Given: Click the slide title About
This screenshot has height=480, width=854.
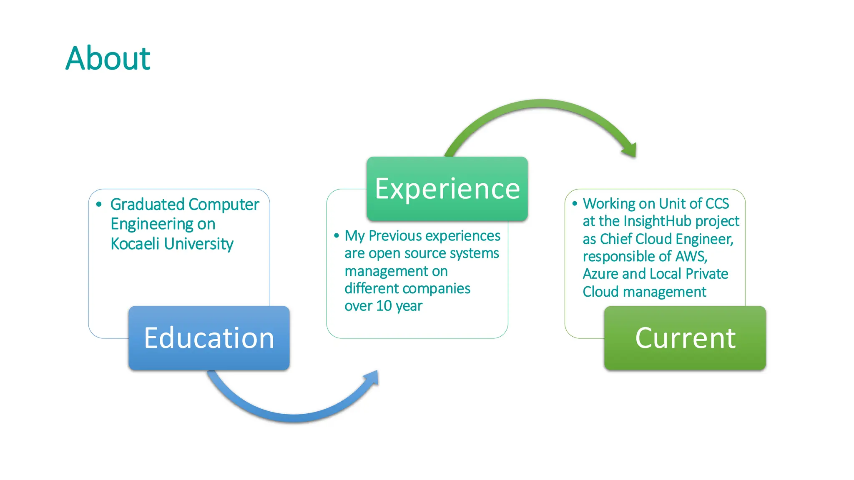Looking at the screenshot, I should [x=108, y=58].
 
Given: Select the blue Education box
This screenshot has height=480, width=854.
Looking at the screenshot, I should [x=209, y=338].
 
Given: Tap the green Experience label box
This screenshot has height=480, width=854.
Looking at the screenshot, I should [x=447, y=189].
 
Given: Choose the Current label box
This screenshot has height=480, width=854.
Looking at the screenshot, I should [x=685, y=338].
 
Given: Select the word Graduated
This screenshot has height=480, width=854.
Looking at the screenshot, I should [x=147, y=205].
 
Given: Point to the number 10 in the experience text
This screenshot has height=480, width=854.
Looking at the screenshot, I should [x=384, y=306].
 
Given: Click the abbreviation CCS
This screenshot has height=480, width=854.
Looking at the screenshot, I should [x=717, y=203].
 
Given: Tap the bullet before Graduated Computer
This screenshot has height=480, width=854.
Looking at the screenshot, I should [x=99, y=204].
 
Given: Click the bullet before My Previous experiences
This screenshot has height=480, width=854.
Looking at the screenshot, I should [x=337, y=236].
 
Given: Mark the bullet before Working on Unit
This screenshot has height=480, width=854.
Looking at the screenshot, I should [x=575, y=203].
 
